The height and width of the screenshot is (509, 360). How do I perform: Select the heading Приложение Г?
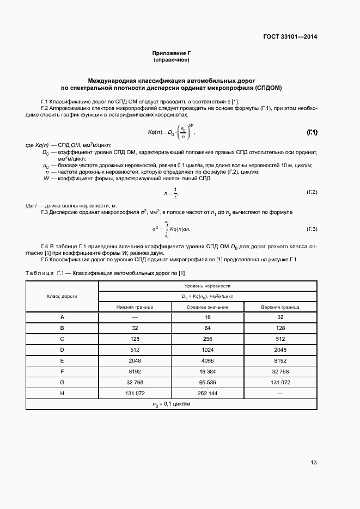(171, 53)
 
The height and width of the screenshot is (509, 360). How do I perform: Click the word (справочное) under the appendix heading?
(171, 60)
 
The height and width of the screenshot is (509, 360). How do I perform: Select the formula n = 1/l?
(171, 193)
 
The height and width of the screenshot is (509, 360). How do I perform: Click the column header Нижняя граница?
(135, 307)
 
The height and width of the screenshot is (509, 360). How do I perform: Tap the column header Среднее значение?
(208, 307)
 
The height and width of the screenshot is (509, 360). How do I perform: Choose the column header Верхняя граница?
(280, 307)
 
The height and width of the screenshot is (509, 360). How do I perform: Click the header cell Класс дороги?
(62, 296)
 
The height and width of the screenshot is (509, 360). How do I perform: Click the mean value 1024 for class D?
(208, 349)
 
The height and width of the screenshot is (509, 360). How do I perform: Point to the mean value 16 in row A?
(208, 317)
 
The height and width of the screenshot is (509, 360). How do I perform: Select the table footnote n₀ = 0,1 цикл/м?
(171, 404)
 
